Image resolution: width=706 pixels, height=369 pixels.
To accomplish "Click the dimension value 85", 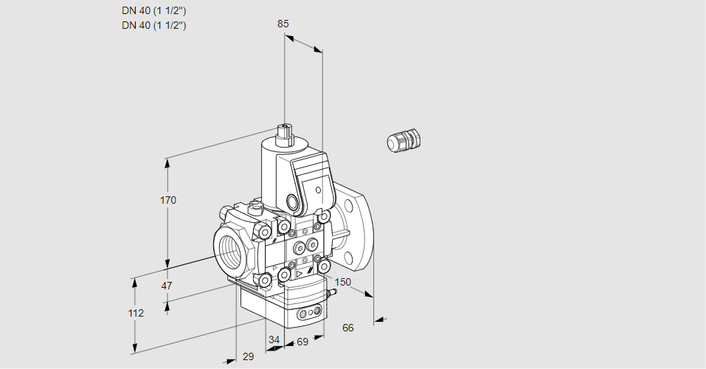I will click(283, 24).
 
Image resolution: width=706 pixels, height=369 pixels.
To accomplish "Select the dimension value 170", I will click(169, 200).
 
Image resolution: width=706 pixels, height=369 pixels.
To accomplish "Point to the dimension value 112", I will click(136, 313).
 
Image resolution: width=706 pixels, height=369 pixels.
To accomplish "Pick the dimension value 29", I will click(248, 356).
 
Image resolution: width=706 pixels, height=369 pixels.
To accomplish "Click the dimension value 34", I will click(274, 340).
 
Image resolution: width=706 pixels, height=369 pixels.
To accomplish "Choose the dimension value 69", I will click(302, 342).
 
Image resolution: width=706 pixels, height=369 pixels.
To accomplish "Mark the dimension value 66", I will click(348, 328).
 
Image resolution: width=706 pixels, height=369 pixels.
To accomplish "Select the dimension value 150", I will click(343, 282).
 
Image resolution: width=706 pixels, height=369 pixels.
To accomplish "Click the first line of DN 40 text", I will click(153, 11).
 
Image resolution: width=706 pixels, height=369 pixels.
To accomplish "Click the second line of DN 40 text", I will click(153, 25).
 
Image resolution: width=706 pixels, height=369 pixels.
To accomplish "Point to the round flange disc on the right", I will click(359, 230).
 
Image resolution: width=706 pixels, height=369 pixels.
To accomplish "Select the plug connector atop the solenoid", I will click(284, 135).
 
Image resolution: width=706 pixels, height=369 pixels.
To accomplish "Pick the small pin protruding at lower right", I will click(332, 293).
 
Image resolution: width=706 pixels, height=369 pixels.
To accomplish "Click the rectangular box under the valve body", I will click(284, 306).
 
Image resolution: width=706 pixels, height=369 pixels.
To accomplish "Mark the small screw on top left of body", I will click(256, 207).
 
